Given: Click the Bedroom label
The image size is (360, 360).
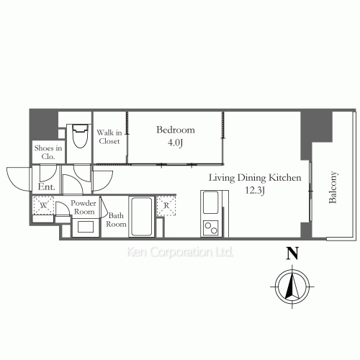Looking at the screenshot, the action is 176,130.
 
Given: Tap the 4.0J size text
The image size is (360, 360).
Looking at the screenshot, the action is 175,143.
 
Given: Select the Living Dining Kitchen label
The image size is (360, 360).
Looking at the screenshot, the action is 255,178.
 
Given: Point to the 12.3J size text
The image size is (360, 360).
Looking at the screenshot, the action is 255,191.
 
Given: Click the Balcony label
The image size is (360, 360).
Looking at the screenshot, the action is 333,187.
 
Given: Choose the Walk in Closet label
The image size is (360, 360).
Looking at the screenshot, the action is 109,137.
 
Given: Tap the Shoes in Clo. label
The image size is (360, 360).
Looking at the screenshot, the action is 48,152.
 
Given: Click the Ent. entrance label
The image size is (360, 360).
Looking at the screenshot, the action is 46,186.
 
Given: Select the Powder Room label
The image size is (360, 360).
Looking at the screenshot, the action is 84,207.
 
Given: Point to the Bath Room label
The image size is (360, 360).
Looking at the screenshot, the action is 116,220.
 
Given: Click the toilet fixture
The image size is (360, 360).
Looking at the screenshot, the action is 80,136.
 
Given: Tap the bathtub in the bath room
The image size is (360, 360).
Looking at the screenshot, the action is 141,217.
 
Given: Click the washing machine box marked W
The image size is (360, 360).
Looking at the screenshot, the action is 43,205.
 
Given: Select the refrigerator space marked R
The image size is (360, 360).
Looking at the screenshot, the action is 166,206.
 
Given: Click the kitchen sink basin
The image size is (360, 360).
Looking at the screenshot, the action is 211,202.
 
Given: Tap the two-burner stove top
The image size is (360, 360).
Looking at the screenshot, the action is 211,228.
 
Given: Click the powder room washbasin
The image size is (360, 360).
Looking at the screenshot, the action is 86,227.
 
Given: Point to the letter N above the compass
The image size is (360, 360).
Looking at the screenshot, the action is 292,253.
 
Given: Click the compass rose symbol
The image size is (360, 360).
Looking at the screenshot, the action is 292,287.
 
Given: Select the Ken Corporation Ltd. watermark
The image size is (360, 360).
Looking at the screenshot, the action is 179,252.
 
